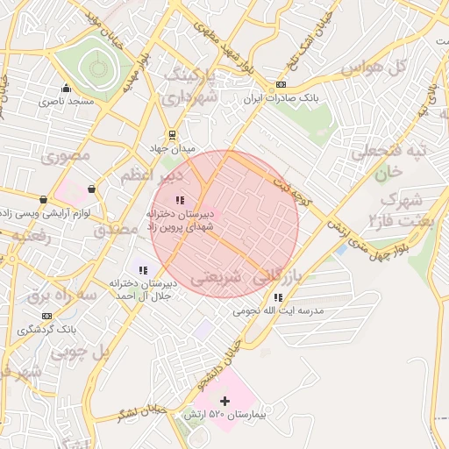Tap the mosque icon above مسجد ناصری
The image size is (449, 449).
coord(66,88)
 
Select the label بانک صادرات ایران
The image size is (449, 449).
coord(279,98)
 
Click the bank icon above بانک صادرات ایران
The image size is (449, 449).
coord(280,85)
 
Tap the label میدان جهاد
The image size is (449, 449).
coord(172,149)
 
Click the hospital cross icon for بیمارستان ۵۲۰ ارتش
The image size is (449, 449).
coord(224,401)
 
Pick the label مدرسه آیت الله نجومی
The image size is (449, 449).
coord(278,311)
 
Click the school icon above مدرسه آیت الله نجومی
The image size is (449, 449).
coord(278,297)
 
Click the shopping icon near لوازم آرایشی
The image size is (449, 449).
coord(91,189)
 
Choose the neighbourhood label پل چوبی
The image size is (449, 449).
coord(80,353)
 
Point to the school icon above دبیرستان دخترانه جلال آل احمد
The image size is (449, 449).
coord(143,269)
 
